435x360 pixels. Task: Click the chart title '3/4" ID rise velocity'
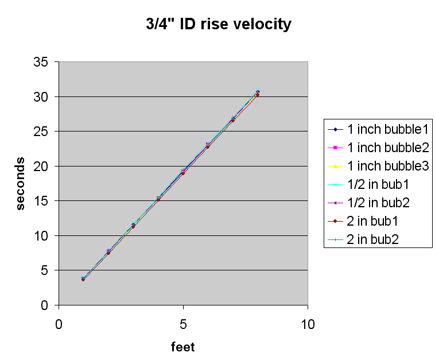218,25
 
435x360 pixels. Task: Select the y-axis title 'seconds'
21,183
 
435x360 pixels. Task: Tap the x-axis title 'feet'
183,347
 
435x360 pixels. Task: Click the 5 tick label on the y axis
46,270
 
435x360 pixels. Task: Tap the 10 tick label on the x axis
308,324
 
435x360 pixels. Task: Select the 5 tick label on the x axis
183,324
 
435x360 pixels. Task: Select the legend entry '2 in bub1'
377,220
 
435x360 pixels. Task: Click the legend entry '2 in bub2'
377,239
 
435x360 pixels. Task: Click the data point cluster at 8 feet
258,93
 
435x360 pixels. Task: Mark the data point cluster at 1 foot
83,278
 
